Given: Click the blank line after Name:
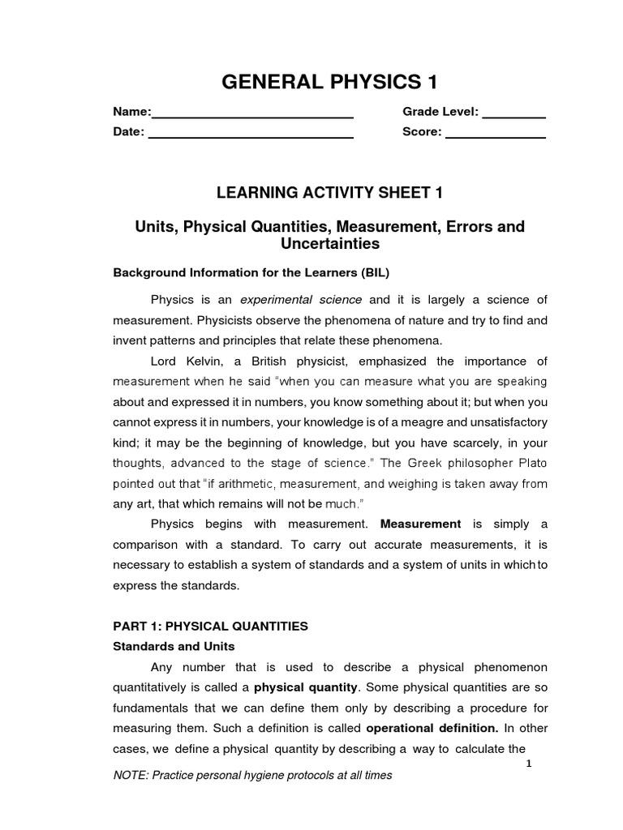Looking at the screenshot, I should click(x=252, y=117).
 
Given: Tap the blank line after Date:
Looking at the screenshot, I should click(x=251, y=138).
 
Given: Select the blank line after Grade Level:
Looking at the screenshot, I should click(x=513, y=117).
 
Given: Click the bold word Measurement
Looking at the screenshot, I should click(x=420, y=524).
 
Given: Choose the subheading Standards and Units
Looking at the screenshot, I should click(x=174, y=646).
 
